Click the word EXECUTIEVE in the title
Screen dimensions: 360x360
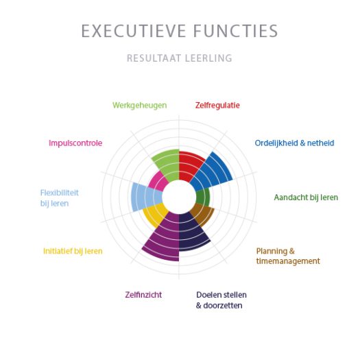point(134,31)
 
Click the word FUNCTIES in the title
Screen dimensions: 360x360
point(236,31)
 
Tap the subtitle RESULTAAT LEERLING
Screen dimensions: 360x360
point(179,58)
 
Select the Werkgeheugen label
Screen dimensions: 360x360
point(140,106)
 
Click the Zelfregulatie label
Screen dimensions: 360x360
point(217,106)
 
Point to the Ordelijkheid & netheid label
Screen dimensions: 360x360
point(294,143)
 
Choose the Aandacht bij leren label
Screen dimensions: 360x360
point(306,197)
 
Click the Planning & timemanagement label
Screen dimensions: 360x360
point(288,256)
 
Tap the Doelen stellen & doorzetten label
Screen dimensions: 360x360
point(221,300)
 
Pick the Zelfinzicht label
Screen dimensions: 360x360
point(143,295)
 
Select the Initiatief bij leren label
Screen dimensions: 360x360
point(73,251)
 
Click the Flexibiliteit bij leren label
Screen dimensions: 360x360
point(59,198)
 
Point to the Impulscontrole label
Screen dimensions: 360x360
point(75,143)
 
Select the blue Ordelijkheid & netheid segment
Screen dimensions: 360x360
point(213,171)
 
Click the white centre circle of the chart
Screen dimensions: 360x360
point(179,197)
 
